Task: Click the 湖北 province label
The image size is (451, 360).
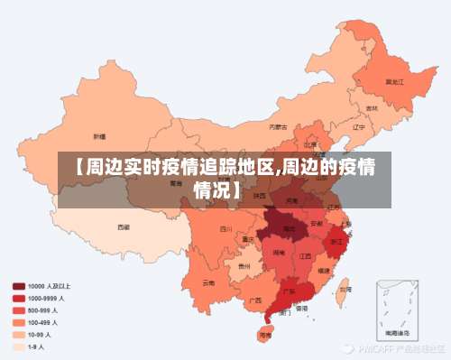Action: [x=289, y=229]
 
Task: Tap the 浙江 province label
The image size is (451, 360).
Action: [x=336, y=242]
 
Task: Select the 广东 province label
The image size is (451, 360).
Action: [x=289, y=291]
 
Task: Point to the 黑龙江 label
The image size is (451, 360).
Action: [x=394, y=81]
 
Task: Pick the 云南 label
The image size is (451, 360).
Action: [x=209, y=282]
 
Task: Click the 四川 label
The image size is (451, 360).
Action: [x=225, y=229]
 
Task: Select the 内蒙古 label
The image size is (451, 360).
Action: [x=281, y=127]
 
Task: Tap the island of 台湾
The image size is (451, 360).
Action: [x=344, y=290]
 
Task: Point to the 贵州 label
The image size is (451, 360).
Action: [x=244, y=267]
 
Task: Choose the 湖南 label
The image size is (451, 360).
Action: [x=280, y=254]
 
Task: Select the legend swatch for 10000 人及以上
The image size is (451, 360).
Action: [x=19, y=285]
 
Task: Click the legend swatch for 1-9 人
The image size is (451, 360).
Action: [x=19, y=346]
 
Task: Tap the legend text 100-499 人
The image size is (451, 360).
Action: [x=42, y=321]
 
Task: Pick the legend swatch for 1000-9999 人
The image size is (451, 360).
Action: [x=19, y=297]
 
